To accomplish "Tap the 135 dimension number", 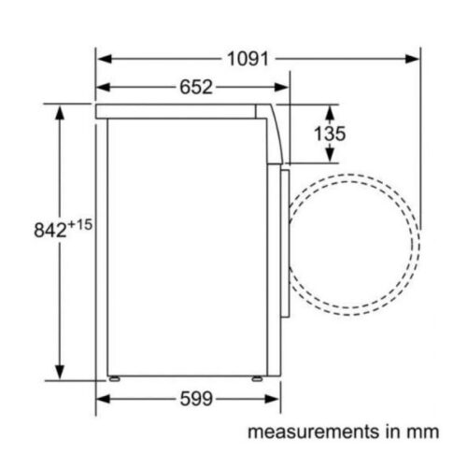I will coord(329,134).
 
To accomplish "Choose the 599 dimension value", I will coord(195,399).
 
